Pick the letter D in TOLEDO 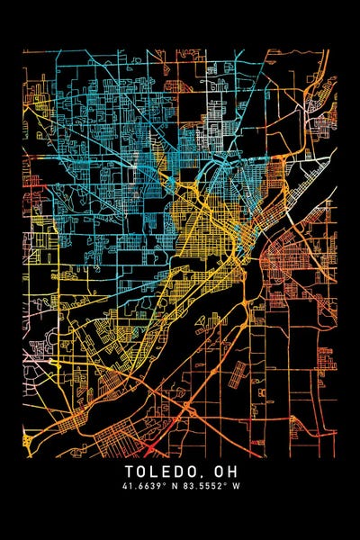click(179, 471)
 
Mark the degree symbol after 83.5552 click(226, 485)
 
